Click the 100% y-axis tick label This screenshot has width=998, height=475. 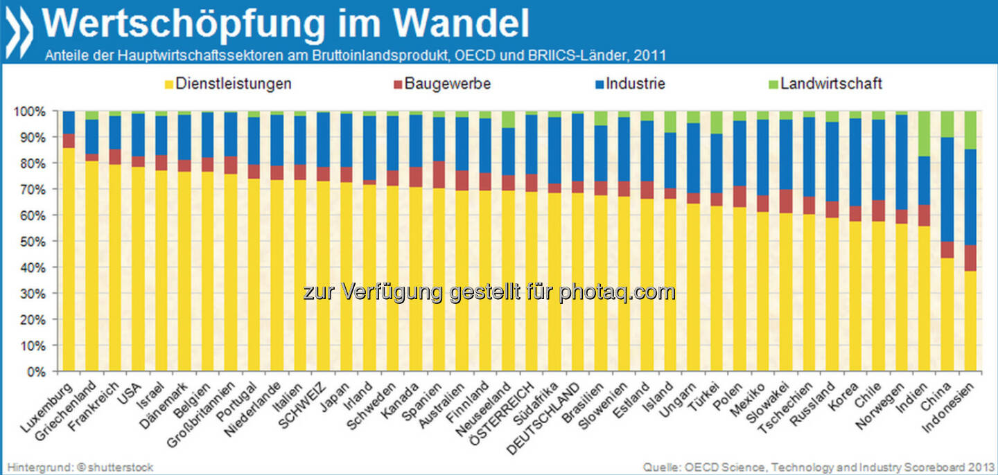[31, 111]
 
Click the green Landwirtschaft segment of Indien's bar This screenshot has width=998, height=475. [923, 134]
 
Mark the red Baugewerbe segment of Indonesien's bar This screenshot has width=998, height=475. [969, 258]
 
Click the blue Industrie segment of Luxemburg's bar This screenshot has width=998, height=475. [69, 122]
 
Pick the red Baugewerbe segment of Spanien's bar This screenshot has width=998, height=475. [438, 174]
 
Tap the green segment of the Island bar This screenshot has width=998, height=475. [669, 122]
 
